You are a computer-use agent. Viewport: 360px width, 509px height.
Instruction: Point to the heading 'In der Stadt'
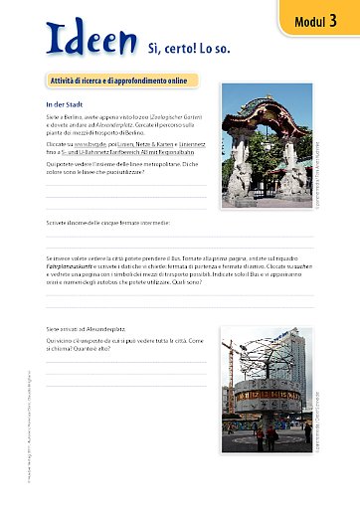(64, 103)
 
